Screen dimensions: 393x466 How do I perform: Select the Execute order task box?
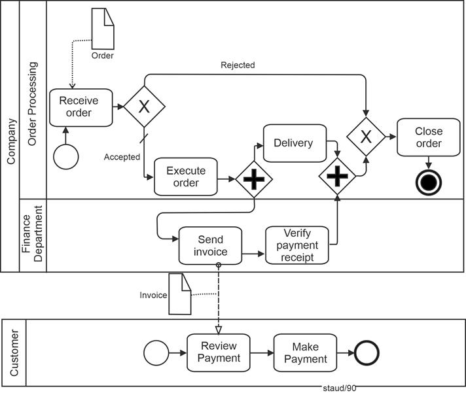[186, 177]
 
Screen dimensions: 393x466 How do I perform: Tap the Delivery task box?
[295, 143]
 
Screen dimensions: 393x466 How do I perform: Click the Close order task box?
[429, 137]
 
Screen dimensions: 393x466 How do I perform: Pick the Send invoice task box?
[210, 246]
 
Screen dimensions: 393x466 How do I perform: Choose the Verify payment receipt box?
[297, 245]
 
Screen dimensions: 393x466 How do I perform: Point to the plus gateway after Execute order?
[254, 178]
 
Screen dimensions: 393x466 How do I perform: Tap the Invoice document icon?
[180, 294]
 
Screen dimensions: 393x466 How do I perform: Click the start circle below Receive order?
[66, 157]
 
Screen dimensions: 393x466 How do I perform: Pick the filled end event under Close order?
[429, 182]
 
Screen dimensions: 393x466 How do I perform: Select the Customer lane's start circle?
[156, 352]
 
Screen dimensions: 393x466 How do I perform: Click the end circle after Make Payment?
[367, 352]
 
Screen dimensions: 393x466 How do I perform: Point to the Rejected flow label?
[238, 65]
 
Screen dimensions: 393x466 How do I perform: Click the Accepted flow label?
[122, 157]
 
